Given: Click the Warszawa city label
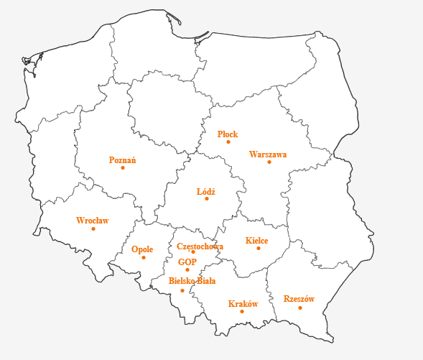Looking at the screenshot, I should click(268, 154).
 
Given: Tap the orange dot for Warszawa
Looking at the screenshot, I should click(269, 162).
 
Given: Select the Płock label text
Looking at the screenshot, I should click(228, 134).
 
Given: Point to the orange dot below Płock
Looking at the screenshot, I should click(228, 142).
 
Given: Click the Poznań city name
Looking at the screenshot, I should click(122, 160).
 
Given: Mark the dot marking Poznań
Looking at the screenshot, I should click(123, 168).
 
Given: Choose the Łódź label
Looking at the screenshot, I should click(206, 192).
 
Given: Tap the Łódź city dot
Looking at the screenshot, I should click(207, 199).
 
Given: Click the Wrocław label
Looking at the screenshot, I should click(92, 221).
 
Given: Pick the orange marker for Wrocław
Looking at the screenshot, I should click(93, 229).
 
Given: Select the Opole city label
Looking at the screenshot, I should click(142, 249).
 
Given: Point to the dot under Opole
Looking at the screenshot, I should click(144, 257).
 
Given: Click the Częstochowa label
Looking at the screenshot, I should click(200, 246).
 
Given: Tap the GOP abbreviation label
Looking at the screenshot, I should click(187, 262).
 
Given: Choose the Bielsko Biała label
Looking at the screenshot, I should click(192, 281).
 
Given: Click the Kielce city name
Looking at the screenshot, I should click(256, 241).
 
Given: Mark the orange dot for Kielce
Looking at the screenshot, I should click(259, 249).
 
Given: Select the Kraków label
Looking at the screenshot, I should click(243, 304).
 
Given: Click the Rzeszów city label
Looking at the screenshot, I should click(299, 299).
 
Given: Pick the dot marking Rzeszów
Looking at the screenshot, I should click(300, 308).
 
